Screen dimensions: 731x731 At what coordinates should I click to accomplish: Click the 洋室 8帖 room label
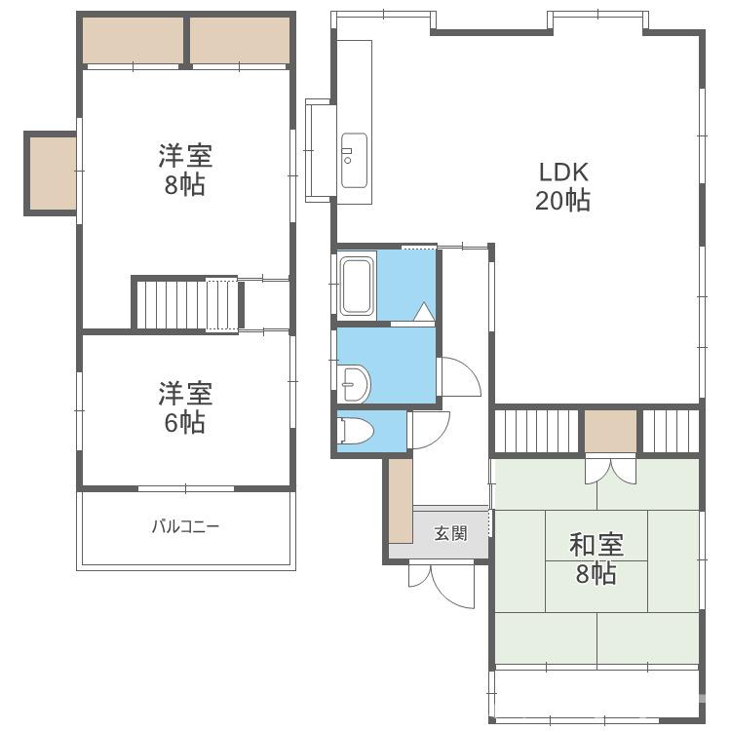pos(185,170)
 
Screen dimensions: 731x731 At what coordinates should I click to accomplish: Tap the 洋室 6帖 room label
pos(185,407)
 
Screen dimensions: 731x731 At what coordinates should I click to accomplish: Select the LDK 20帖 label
pos(562,186)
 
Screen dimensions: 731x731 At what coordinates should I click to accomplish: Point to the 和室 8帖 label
pos(596,558)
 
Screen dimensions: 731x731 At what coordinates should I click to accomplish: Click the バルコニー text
pos(185,526)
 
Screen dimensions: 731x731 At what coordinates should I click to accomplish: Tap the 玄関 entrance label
pos(449,533)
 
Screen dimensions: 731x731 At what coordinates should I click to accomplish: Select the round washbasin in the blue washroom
pos(355,383)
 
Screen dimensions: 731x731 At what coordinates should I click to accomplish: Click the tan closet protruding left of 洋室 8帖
pos(52,173)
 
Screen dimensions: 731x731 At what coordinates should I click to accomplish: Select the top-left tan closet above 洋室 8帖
pos(133,40)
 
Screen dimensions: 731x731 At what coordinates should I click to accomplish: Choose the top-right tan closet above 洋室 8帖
pos(239,40)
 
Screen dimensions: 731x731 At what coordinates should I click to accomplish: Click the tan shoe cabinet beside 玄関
pos(401,500)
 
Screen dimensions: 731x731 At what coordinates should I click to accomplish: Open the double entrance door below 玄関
pos(441,582)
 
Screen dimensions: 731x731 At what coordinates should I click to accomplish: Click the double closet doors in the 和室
pos(611,470)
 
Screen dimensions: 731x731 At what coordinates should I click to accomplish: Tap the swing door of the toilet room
pos(428,430)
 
